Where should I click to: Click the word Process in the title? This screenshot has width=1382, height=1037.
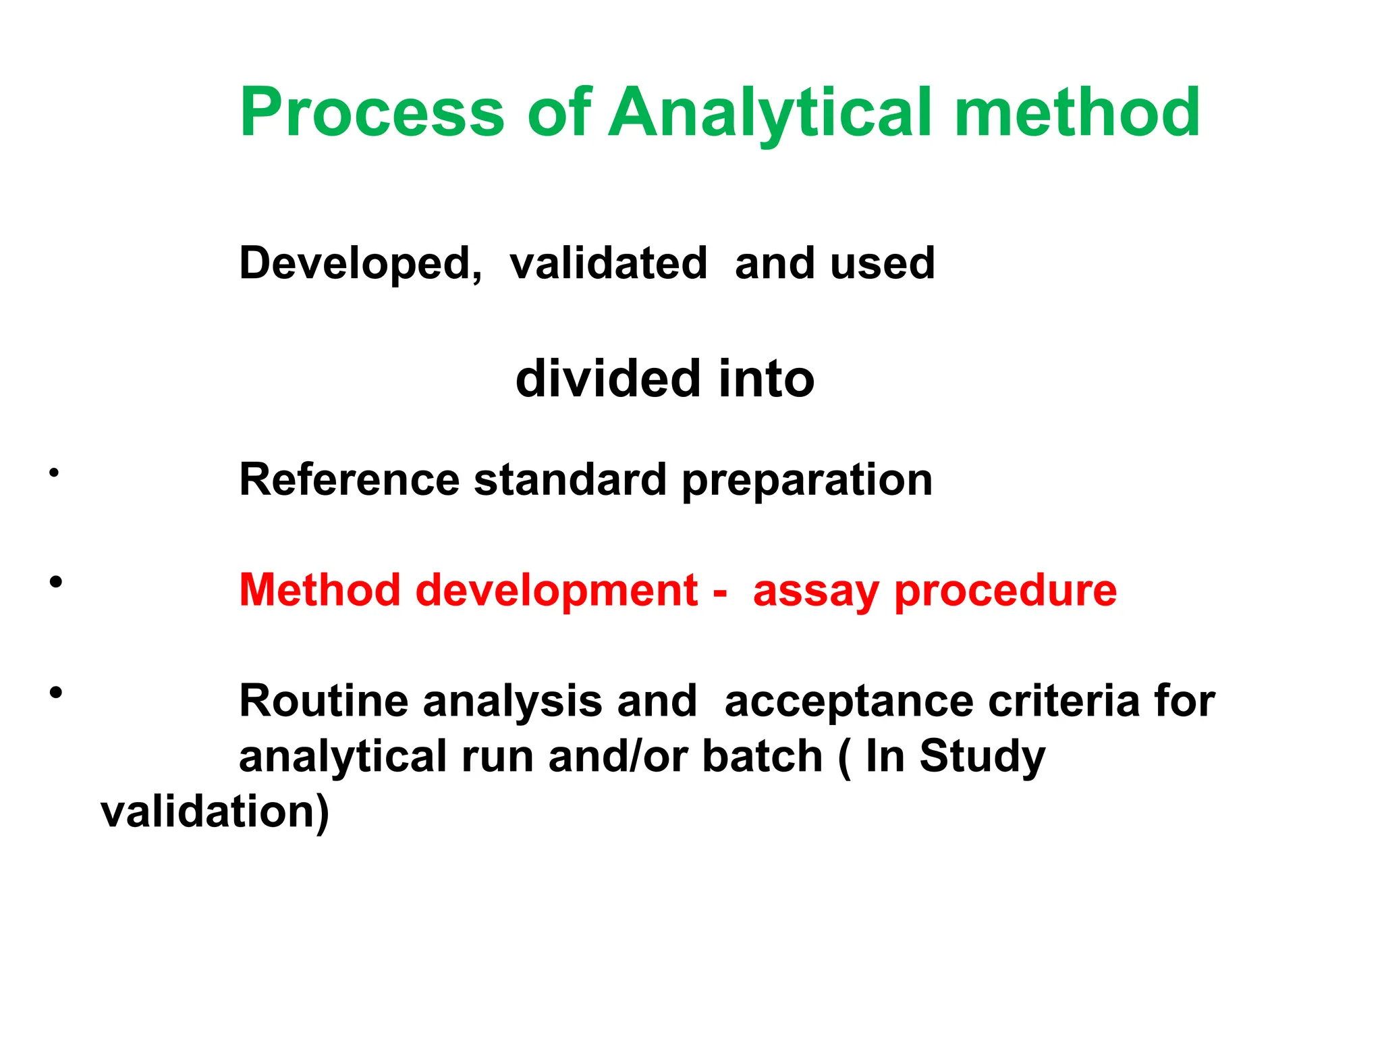coord(372,113)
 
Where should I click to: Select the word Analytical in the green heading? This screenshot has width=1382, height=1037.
coord(770,113)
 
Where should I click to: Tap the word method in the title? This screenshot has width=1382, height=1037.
coord(1077,113)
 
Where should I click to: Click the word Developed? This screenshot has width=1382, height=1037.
coord(360,263)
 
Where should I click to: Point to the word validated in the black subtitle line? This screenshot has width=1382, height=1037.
coord(608,263)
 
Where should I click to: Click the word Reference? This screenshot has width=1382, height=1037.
coord(349,480)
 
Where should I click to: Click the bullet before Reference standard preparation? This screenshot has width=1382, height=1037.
coord(54,473)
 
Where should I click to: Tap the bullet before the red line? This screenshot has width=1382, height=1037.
coord(55,581)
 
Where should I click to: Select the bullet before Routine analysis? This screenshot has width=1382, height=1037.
coord(55,692)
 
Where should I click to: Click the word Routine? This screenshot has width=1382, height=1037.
coord(323,701)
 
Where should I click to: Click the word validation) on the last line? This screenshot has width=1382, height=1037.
coord(215,812)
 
